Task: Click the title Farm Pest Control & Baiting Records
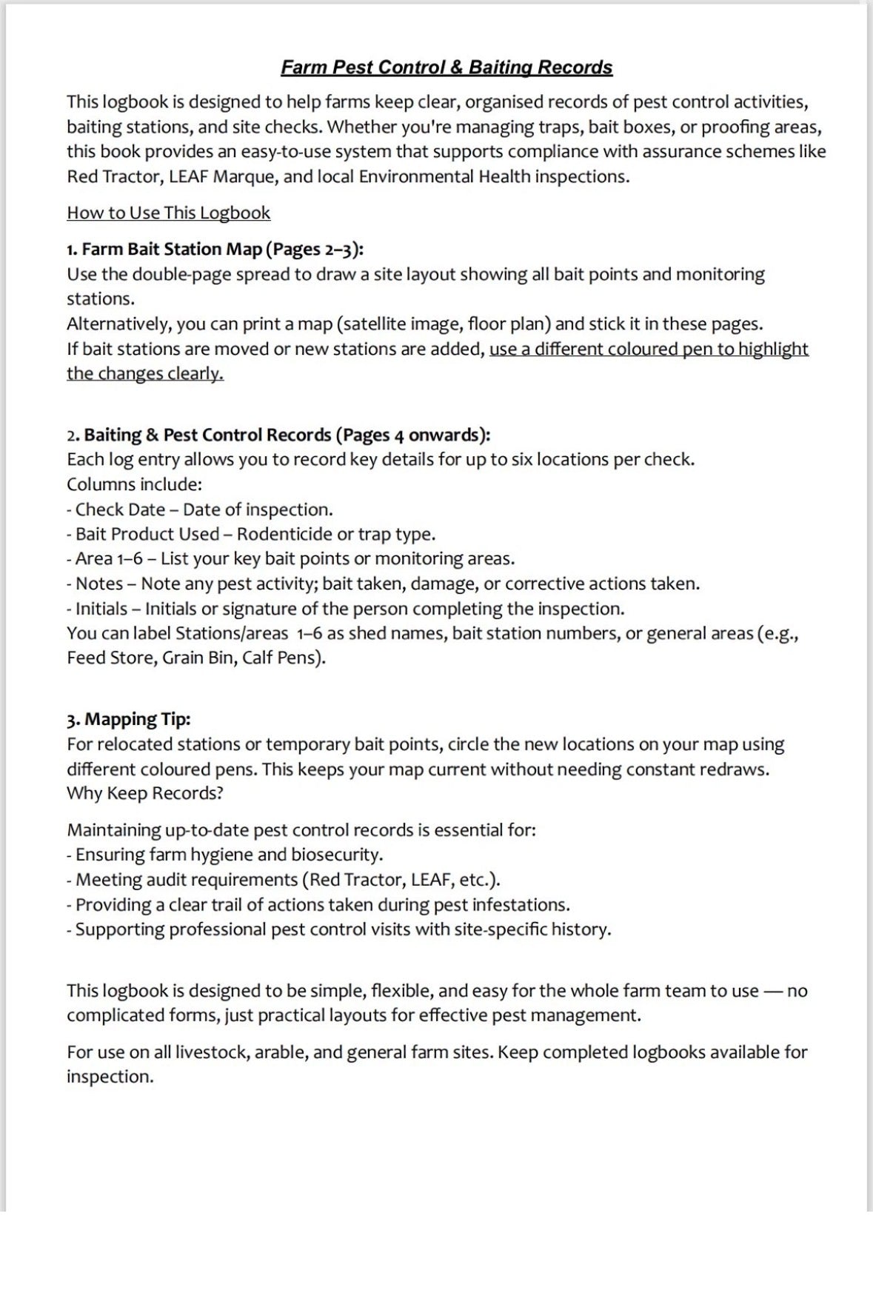pyautogui.click(x=446, y=67)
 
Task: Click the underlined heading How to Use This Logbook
pyautogui.click(x=168, y=213)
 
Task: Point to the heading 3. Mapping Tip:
pyautogui.click(x=128, y=719)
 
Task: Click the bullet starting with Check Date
pyautogui.click(x=199, y=510)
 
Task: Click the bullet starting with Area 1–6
pyautogui.click(x=290, y=558)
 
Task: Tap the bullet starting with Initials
pyautogui.click(x=345, y=609)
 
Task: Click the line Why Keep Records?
pyautogui.click(x=145, y=793)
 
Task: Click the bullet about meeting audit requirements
pyautogui.click(x=283, y=880)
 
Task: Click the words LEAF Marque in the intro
pyautogui.click(x=221, y=176)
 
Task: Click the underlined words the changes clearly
pyautogui.click(x=145, y=373)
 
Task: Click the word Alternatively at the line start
pyautogui.click(x=118, y=324)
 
